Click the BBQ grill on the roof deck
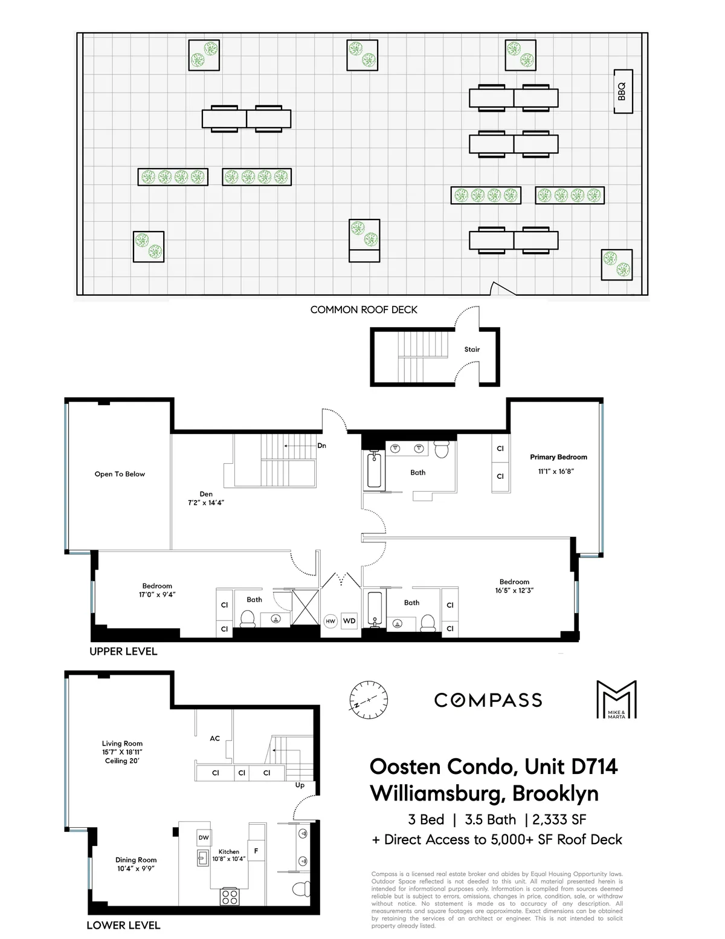click(x=622, y=91)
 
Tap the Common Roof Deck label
click(x=364, y=310)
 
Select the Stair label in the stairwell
click(x=472, y=349)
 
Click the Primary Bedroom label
click(x=558, y=457)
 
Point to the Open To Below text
click(x=120, y=474)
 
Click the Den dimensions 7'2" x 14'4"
click(x=206, y=502)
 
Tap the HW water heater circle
click(x=330, y=621)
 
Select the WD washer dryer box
click(x=349, y=621)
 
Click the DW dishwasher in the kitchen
click(x=204, y=837)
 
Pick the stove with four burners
click(x=230, y=896)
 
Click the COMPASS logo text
click(x=488, y=700)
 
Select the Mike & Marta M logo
click(x=616, y=700)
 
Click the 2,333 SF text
click(x=559, y=820)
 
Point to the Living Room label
click(x=122, y=744)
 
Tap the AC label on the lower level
click(x=214, y=738)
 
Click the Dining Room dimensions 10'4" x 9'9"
click(x=136, y=869)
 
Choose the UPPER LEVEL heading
click(x=123, y=651)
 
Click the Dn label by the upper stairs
click(x=322, y=446)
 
